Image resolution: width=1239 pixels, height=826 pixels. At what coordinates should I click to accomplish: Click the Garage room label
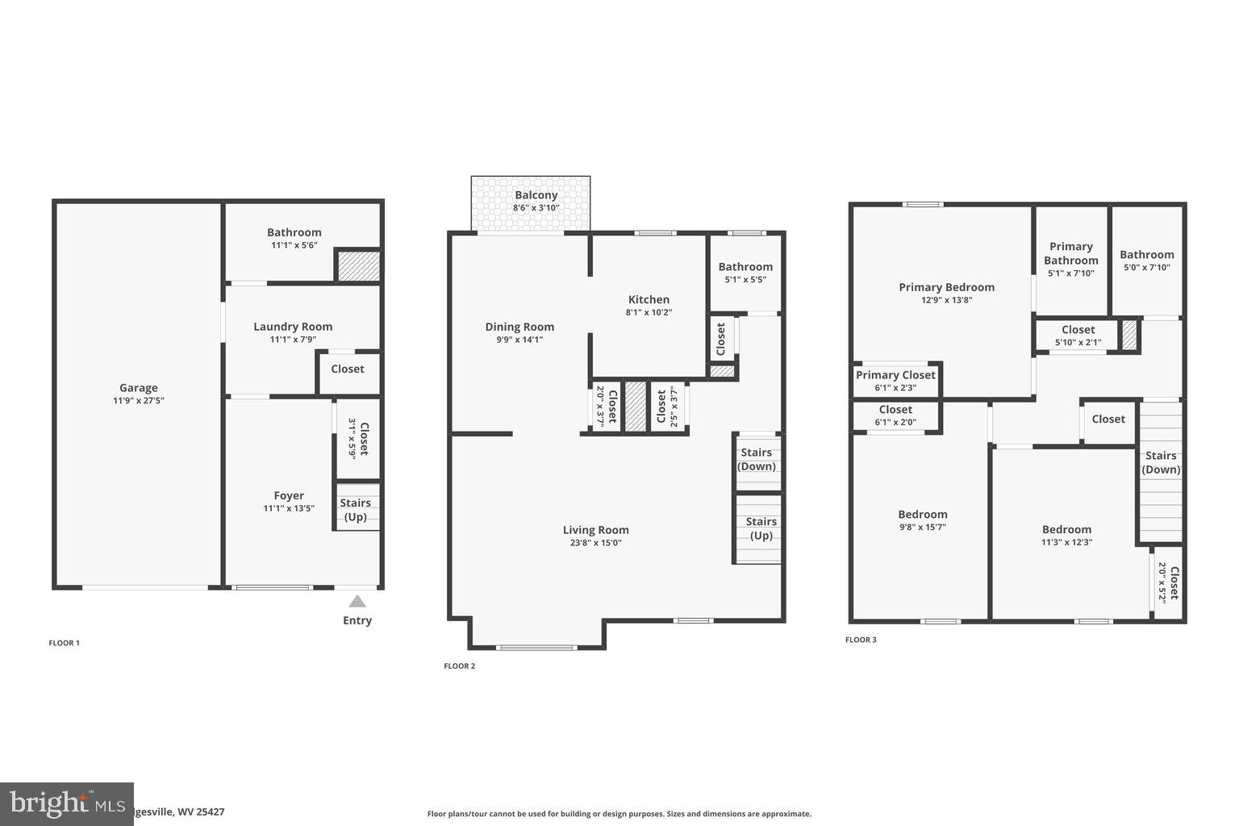click(x=138, y=387)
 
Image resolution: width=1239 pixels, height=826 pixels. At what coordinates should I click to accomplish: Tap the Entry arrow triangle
click(x=357, y=601)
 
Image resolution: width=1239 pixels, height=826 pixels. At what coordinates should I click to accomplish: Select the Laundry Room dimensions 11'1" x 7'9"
click(x=293, y=340)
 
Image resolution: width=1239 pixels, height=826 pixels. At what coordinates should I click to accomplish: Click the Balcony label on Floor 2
click(x=536, y=194)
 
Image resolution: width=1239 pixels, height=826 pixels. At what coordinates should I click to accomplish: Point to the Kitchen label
click(x=649, y=299)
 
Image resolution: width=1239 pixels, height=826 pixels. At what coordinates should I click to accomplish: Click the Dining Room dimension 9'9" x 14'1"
click(x=519, y=340)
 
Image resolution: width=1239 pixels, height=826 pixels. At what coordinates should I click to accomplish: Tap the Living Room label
click(x=595, y=530)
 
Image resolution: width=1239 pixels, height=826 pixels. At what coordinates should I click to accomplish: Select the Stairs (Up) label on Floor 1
click(x=356, y=510)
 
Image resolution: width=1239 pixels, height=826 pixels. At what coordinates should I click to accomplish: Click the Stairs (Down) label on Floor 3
click(x=1161, y=462)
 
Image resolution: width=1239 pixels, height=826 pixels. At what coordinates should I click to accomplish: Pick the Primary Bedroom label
click(x=946, y=287)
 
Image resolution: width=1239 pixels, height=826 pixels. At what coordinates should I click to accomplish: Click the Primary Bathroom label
click(x=1070, y=253)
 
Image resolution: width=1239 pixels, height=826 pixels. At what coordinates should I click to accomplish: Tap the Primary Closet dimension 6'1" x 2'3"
click(x=895, y=388)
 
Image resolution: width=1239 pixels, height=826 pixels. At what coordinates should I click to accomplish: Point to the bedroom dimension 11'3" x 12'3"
click(x=1066, y=543)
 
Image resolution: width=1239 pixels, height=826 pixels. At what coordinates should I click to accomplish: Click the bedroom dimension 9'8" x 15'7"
click(x=922, y=528)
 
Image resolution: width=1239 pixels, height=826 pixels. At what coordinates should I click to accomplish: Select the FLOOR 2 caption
click(x=459, y=666)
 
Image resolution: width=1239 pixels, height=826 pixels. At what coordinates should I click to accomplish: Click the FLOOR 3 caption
click(x=861, y=640)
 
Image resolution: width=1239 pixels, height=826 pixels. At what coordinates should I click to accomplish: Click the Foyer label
click(x=289, y=496)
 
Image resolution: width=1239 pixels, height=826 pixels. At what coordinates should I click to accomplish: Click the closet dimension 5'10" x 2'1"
click(x=1078, y=343)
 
